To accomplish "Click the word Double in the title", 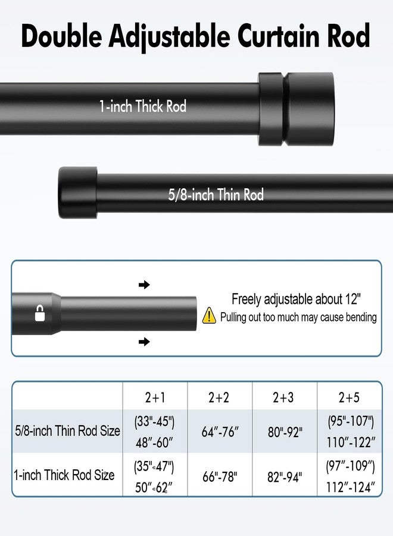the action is tap(61, 36).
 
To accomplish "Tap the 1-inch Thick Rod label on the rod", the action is tap(143, 107).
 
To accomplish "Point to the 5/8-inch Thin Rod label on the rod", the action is tap(216, 195).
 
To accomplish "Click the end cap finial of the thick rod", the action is tap(296, 109).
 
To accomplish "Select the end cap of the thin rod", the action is tap(78, 192).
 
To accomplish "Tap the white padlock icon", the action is tap(40, 313).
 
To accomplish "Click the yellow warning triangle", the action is tap(209, 315).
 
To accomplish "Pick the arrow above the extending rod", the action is tap(144, 285).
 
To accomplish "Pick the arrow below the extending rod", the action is tap(144, 341).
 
